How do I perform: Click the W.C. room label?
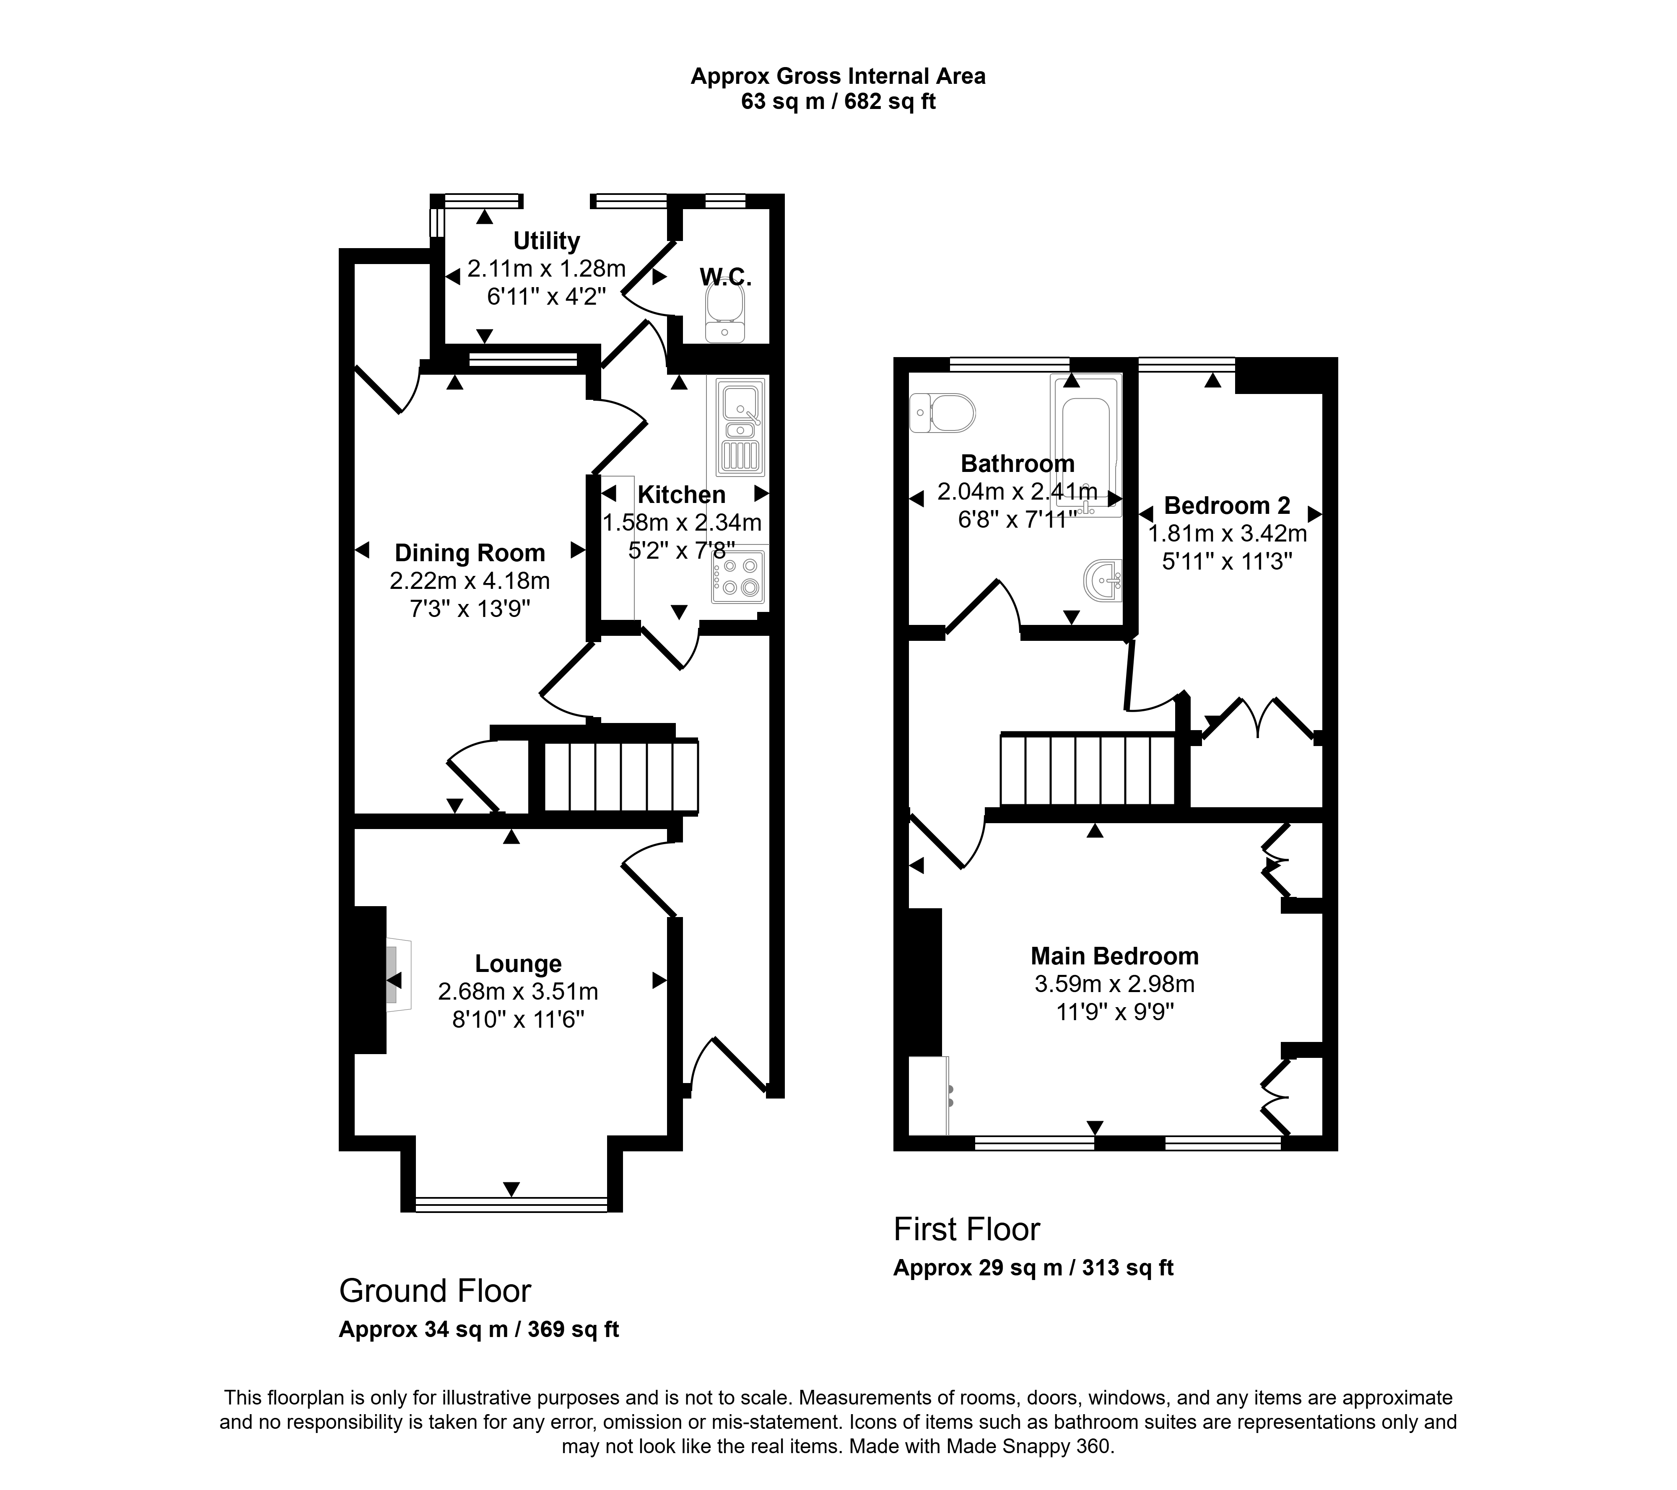725,276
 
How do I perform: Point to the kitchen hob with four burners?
737,575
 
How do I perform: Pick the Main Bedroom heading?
1115,956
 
